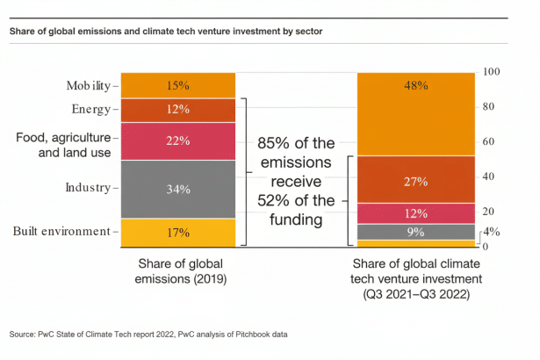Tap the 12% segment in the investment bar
coord(415,213)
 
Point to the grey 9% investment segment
coord(415,232)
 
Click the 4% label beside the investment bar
coord(493,233)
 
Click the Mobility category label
coord(88,85)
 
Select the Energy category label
coord(90,110)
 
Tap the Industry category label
coord(87,188)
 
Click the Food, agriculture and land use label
coord(63,145)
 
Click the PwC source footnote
coord(148,335)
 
